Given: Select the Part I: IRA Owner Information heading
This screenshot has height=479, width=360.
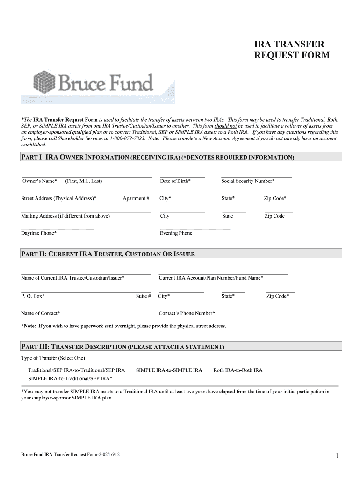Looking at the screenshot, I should [x=158, y=158].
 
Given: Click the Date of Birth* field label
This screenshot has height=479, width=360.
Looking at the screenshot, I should [x=175, y=181].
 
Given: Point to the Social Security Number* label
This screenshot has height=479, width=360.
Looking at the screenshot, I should [x=248, y=181].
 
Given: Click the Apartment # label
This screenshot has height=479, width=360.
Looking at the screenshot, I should [x=136, y=199].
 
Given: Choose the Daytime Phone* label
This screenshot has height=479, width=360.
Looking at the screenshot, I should [x=39, y=233].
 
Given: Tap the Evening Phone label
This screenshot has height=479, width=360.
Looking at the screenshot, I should [x=176, y=233].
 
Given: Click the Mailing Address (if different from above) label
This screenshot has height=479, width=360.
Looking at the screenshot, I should [x=65, y=216].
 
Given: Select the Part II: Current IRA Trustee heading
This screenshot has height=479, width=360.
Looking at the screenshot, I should [x=108, y=254].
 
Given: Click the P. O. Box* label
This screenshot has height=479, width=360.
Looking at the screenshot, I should [x=33, y=296].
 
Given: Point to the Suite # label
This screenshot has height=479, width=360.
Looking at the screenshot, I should [x=143, y=296].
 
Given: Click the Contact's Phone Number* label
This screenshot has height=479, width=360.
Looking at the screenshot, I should [x=187, y=313].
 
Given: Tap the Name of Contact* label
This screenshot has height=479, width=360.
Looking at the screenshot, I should [x=40, y=313].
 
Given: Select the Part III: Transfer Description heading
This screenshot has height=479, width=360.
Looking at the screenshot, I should [x=123, y=347].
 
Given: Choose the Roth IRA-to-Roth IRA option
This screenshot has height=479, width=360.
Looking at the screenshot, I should [x=238, y=370].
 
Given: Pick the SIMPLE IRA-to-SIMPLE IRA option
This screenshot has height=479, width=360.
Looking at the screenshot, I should [x=169, y=370].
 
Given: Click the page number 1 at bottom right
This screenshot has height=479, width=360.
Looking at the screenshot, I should [x=337, y=456].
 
